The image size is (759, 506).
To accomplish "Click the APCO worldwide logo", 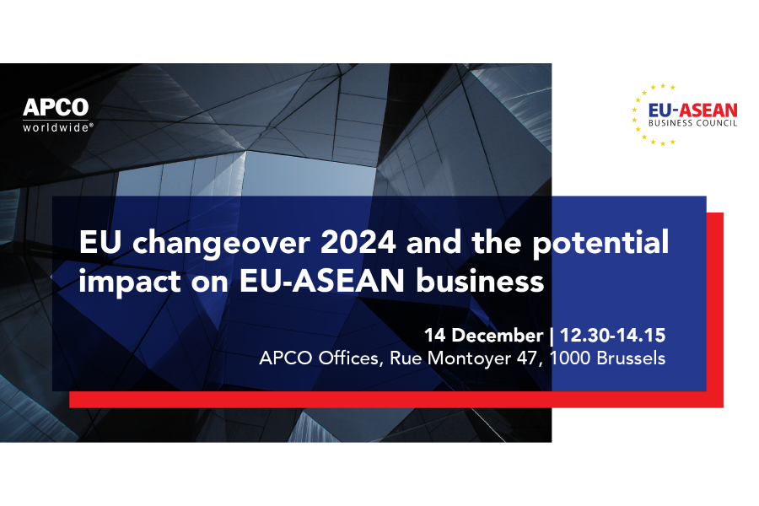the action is pyautogui.click(x=57, y=116).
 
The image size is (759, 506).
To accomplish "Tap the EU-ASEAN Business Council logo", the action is pyautogui.click(x=684, y=115).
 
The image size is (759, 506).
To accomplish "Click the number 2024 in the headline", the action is pyautogui.click(x=358, y=242).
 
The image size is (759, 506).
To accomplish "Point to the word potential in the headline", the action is pyautogui.click(x=600, y=243).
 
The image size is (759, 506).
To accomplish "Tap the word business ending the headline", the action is pyautogui.click(x=480, y=281).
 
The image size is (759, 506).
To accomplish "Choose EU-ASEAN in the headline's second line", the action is pyautogui.click(x=322, y=282).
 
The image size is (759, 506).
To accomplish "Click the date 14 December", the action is pyautogui.click(x=483, y=336).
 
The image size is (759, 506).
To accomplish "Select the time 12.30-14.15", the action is pyautogui.click(x=612, y=336).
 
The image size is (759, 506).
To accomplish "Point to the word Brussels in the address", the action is pyautogui.click(x=631, y=358).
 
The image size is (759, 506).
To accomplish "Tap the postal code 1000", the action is pyautogui.click(x=570, y=358).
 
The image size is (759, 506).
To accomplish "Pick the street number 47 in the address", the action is pyautogui.click(x=528, y=358).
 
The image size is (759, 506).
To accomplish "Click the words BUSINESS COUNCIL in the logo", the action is pyautogui.click(x=692, y=123).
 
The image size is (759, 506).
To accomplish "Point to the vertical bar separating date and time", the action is pyautogui.click(x=552, y=336).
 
